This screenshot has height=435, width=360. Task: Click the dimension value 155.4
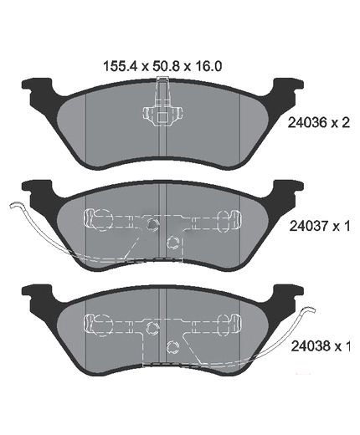click(120, 67)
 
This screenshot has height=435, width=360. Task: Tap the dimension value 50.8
click(164, 67)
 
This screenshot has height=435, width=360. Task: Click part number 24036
click(307, 122)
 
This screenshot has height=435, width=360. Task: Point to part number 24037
click(308, 226)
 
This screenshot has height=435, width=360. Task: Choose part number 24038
click(311, 346)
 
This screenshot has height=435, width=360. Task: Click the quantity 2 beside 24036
click(345, 122)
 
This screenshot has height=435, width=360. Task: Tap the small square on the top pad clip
click(162, 117)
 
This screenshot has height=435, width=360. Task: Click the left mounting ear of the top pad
click(38, 85)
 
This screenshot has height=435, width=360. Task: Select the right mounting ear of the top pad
click(287, 85)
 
